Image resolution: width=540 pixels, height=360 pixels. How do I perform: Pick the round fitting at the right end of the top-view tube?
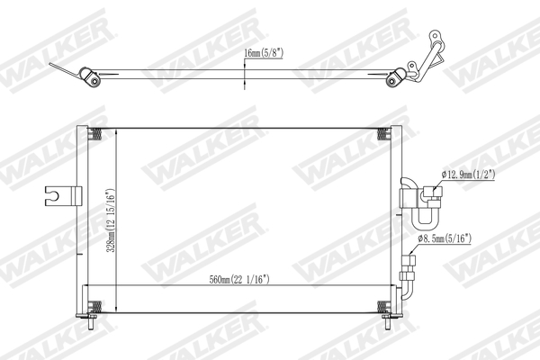click(393, 82)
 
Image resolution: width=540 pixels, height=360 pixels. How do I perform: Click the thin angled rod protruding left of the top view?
click(61, 68)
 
